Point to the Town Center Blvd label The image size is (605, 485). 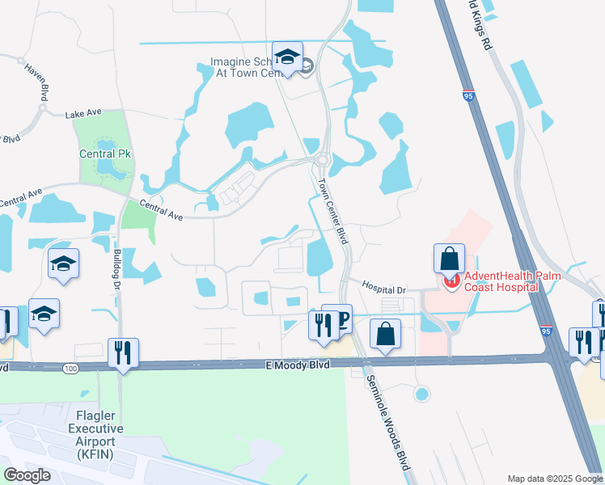point(332,212)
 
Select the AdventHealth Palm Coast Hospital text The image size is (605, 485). point(500,280)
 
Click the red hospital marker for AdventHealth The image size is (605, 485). point(451,281)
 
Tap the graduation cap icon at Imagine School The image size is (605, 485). point(287,57)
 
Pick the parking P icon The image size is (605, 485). point(341,319)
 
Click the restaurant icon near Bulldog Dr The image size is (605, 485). point(123,353)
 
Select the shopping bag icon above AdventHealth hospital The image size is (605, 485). point(448,259)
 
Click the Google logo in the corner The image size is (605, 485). point(27,474)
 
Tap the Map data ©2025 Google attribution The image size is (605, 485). point(554,479)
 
